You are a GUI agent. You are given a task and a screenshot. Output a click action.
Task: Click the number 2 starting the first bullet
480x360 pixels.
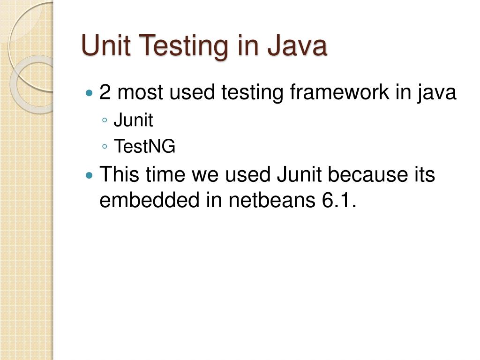coord(105,92)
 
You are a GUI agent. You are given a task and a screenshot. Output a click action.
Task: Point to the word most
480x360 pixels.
coord(140,92)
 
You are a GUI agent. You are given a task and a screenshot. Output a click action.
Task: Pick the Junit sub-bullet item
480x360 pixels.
coord(133,120)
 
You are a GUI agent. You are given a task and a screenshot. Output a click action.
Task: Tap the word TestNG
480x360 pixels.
coord(144,147)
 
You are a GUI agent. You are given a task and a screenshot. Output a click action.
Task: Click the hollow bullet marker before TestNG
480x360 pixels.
coord(104,147)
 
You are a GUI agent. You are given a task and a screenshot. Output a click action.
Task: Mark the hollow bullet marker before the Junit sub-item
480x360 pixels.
coord(104,121)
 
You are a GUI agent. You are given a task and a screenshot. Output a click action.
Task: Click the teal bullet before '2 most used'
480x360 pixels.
coord(90,93)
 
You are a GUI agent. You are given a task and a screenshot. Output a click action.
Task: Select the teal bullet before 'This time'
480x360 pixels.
coord(90,175)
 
